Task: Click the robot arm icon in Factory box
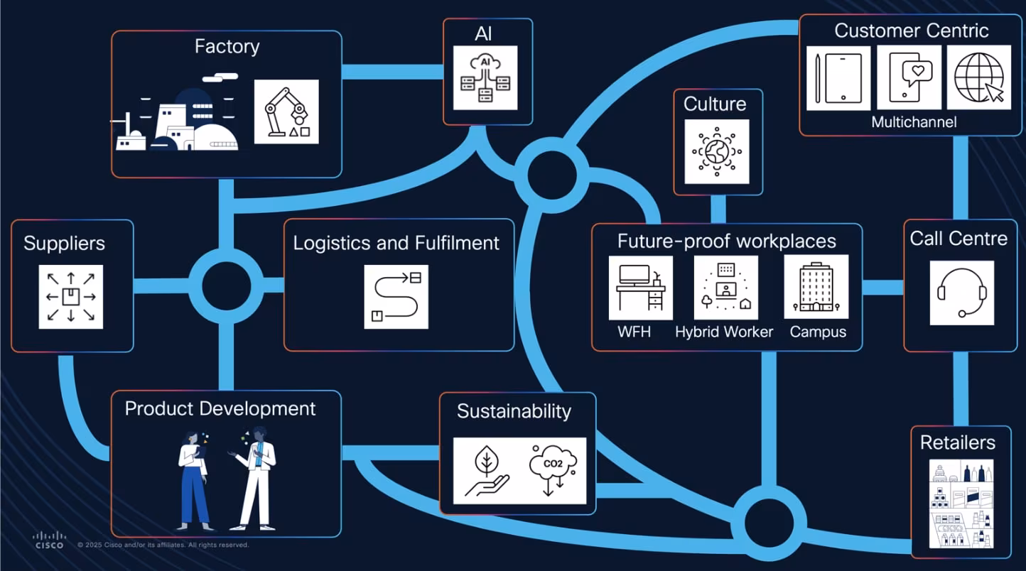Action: [x=286, y=112]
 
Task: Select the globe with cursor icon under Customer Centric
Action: [x=978, y=77]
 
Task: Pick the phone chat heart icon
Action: [x=909, y=77]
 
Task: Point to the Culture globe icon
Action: [x=716, y=151]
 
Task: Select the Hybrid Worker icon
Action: [x=725, y=288]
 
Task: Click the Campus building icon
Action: [x=816, y=287]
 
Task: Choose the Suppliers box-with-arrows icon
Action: [x=71, y=297]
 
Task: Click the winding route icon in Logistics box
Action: [x=396, y=297]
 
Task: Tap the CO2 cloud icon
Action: [x=552, y=470]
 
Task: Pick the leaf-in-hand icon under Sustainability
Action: [x=487, y=470]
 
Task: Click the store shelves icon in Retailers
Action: [x=961, y=504]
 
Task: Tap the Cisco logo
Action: [x=50, y=540]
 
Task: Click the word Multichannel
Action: [x=914, y=122]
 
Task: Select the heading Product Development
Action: [x=220, y=409]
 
